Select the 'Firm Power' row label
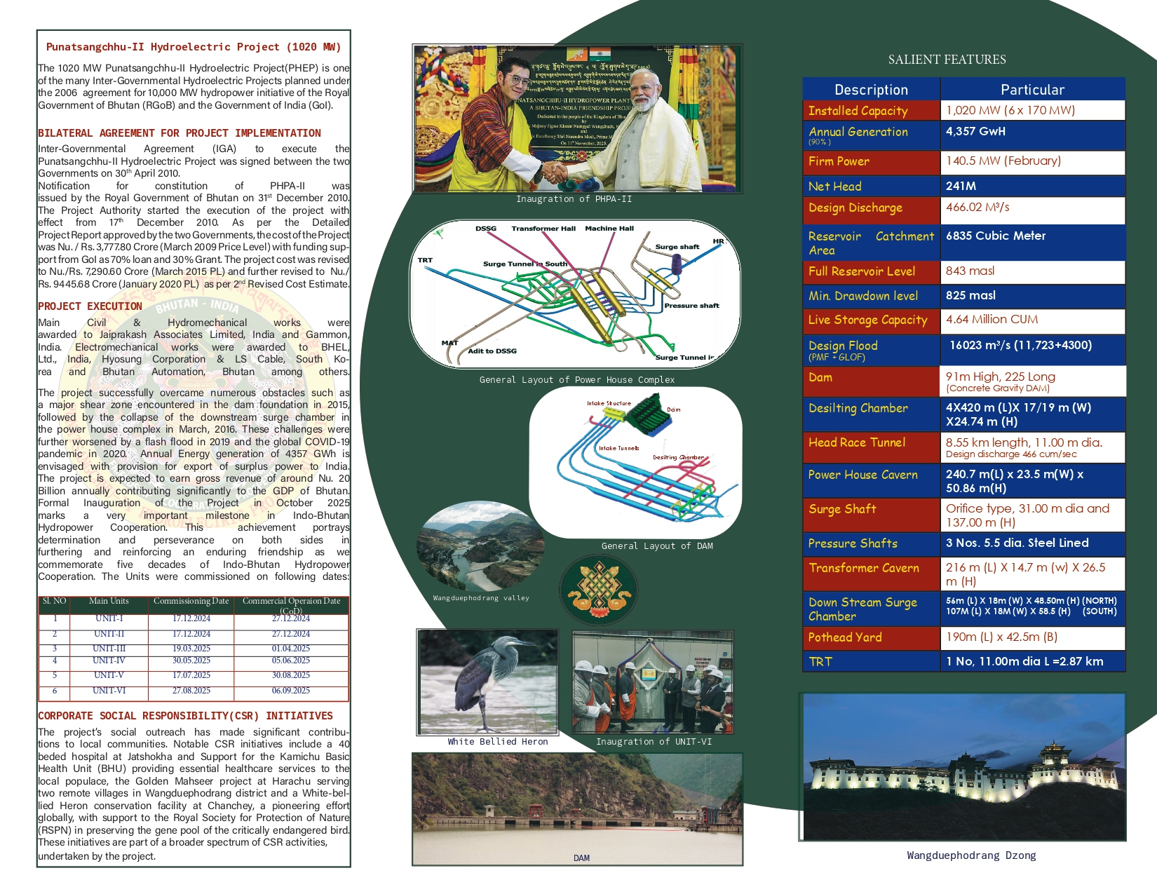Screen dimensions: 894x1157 839,161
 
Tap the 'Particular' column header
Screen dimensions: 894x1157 1032,90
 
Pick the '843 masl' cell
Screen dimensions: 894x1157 970,271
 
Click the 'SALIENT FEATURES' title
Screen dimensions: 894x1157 947,60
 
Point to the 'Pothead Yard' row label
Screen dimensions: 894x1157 845,637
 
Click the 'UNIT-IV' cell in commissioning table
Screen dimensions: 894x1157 109,661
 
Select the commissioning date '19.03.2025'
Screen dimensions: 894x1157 191,649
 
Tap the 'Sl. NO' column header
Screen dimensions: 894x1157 55,601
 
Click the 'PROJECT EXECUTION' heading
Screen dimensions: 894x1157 90,306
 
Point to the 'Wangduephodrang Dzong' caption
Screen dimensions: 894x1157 971,855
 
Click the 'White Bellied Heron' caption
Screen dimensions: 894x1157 498,741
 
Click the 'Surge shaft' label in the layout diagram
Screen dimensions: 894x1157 677,247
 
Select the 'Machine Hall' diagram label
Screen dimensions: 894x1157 609,229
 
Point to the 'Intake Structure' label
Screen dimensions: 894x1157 609,403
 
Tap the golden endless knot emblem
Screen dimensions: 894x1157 598,588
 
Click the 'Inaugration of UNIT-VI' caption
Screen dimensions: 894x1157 654,741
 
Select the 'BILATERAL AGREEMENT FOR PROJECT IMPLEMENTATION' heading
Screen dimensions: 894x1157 180,133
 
